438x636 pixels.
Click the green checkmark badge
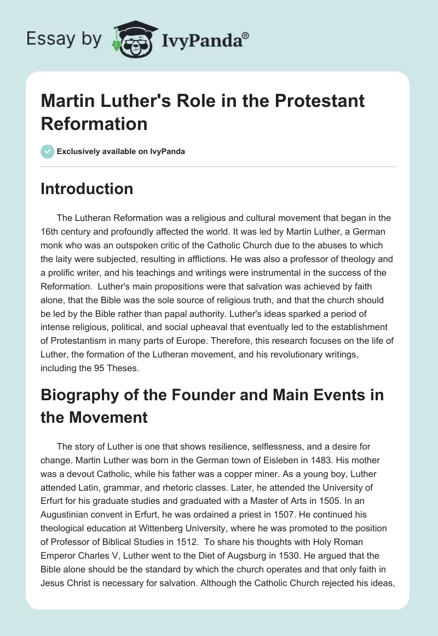click(x=48, y=151)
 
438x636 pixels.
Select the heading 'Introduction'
click(x=87, y=189)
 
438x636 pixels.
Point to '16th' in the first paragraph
click(x=51, y=232)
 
